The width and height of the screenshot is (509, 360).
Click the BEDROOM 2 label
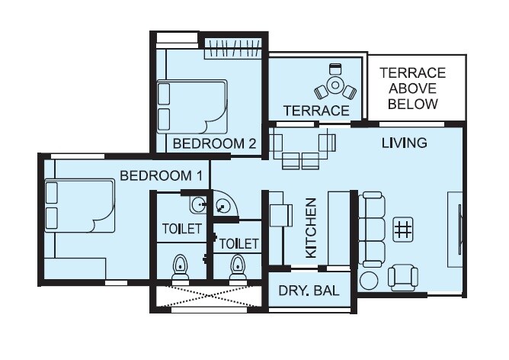(x=213, y=143)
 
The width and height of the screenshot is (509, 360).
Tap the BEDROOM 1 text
(x=161, y=175)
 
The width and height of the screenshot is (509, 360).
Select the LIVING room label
(x=404, y=143)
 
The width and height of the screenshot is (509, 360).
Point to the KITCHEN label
(x=311, y=228)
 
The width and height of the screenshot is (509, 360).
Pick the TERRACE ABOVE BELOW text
(x=412, y=88)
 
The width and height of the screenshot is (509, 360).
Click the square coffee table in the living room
(x=403, y=227)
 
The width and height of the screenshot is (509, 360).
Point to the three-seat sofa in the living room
(x=373, y=228)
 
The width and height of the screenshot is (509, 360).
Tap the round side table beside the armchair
(x=370, y=279)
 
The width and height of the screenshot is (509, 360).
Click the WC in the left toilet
(x=181, y=269)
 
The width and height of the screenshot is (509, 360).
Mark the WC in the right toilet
(x=238, y=269)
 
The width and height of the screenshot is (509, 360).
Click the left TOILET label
(x=182, y=228)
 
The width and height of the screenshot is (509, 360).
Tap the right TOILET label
(x=239, y=244)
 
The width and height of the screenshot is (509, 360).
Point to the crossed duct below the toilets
(x=207, y=296)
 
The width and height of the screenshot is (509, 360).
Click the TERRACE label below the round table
(x=316, y=111)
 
